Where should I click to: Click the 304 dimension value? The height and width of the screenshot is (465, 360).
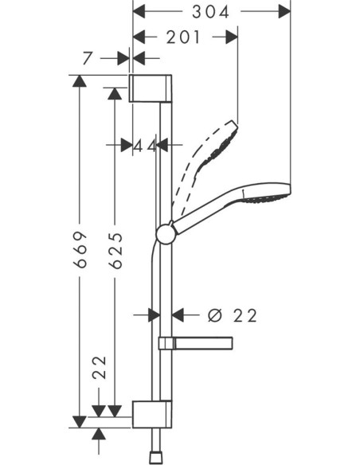pos(211,11)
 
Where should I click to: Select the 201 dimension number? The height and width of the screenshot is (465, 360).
pos(185,37)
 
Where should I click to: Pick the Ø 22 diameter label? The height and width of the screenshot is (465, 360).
pos(232,315)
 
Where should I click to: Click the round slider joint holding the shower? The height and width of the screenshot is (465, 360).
pos(166,232)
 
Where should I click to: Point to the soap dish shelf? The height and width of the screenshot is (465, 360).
pos(195,343)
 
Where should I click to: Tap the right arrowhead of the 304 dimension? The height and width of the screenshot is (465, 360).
pos(285,11)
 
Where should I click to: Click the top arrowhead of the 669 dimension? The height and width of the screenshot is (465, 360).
pos(78,80)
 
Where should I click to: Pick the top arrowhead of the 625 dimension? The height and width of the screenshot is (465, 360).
pos(115,94)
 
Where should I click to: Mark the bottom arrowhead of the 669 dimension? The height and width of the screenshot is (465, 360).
pos(78,420)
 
